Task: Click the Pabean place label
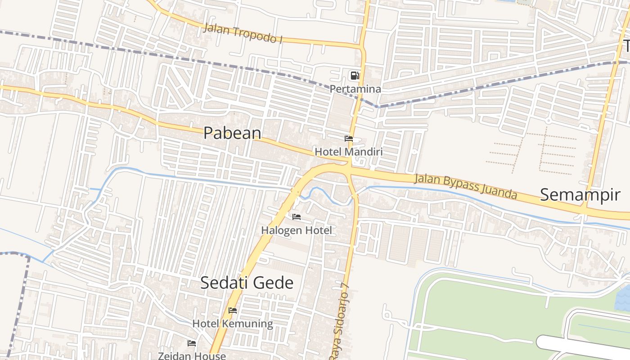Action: (232, 133)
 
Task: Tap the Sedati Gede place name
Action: (247, 283)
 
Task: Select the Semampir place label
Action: (580, 195)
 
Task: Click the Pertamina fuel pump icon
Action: (355, 76)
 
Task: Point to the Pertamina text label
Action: (355, 89)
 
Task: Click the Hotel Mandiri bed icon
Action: (349, 139)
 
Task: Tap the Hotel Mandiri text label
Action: (349, 152)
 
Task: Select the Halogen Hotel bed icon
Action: (297, 217)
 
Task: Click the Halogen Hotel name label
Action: (297, 230)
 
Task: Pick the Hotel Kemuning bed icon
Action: (233, 310)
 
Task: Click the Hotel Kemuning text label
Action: (233, 324)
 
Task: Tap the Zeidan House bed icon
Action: (192, 343)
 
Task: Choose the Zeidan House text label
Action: (192, 355)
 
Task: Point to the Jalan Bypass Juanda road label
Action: (465, 186)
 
